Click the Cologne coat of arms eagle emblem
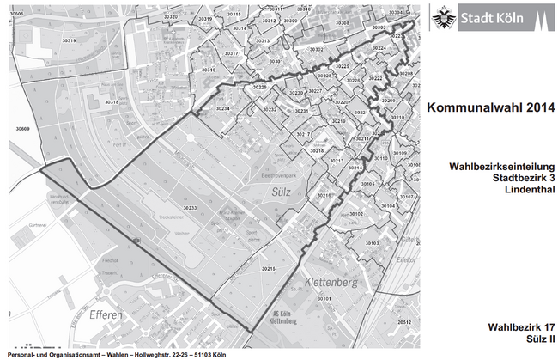coord(444,17)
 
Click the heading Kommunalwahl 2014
coord(491,108)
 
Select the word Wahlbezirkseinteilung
coord(502,166)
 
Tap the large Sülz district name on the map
coord(283,191)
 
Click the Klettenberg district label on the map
coord(334,281)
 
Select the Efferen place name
coord(108,315)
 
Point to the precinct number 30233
coord(191,208)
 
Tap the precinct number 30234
coord(223,109)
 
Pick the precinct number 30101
coord(324,298)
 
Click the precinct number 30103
coord(372,243)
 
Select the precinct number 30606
coord(16,14)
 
